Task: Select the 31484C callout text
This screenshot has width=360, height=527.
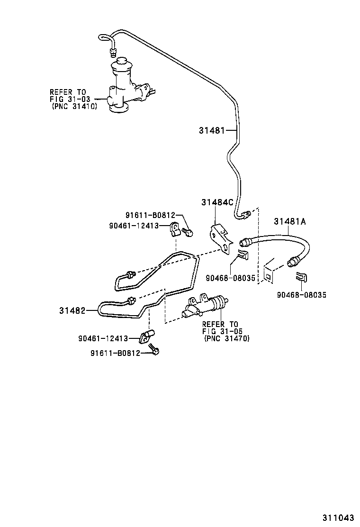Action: (x=217, y=202)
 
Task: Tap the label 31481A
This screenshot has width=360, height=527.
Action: (x=290, y=221)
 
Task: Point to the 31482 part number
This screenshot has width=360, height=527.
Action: (x=72, y=310)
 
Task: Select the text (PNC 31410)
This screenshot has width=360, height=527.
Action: (x=74, y=107)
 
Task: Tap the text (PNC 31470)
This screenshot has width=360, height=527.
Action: (x=226, y=338)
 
